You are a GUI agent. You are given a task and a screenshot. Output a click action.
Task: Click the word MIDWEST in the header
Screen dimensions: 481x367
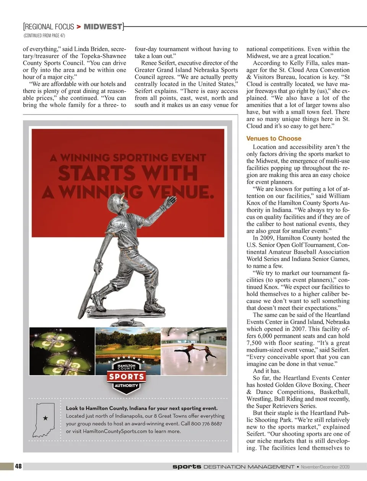pos(103,27)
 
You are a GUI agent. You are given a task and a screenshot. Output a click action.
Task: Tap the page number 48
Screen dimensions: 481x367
pos(18,466)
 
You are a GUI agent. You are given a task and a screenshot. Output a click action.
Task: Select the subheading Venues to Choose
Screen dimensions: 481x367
pos(274,139)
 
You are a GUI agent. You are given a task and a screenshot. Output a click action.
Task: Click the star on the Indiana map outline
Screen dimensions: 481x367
pos(45,418)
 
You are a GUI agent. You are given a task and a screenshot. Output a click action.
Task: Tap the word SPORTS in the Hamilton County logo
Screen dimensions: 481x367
pos(127,377)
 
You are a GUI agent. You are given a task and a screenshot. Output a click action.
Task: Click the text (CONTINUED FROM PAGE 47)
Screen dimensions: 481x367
pos(44,36)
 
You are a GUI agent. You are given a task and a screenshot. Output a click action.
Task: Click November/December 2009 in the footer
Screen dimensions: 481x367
pos(325,467)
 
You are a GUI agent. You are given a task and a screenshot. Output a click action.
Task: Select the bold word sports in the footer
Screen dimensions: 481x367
pos(187,466)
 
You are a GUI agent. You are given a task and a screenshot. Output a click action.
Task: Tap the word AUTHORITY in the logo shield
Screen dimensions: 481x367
pos(126,386)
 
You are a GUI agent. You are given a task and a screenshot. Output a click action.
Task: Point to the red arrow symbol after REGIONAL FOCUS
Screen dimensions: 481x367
pos(79,27)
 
